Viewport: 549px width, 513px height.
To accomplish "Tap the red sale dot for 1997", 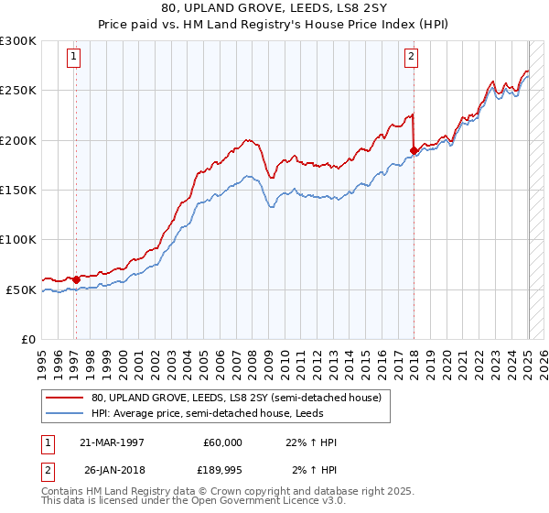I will point(76,279).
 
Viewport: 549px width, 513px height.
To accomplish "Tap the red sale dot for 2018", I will point(414,150).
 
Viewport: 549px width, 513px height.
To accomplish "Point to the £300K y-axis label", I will point(18,41).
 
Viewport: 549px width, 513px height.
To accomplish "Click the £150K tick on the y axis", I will point(18,191).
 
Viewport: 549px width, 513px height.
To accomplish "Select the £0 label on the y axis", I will point(27,339).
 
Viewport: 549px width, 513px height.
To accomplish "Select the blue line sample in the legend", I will point(65,414).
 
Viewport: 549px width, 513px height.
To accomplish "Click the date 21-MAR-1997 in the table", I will point(110,442).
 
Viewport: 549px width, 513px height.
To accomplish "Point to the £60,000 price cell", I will point(223,442).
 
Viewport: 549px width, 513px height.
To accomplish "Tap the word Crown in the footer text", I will point(214,491).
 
